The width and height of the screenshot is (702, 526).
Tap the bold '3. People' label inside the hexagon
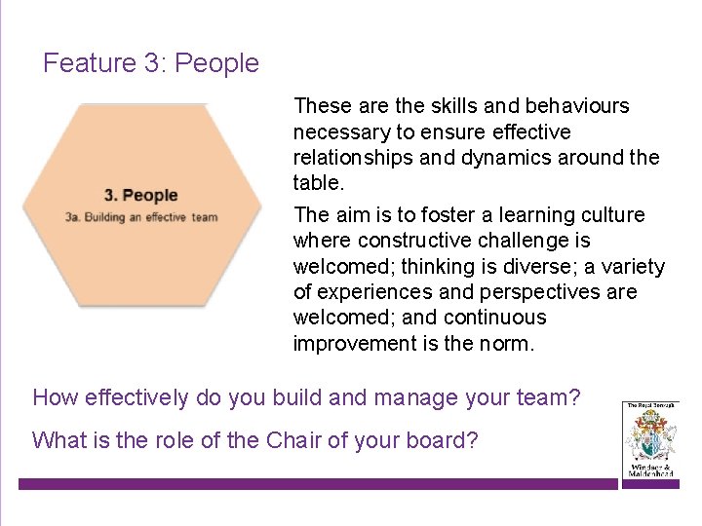coord(141,196)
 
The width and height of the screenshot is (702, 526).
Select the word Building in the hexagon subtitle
coord(105,217)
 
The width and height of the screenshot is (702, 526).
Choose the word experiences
coord(377,292)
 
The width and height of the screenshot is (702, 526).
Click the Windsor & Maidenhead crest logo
coord(649,439)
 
